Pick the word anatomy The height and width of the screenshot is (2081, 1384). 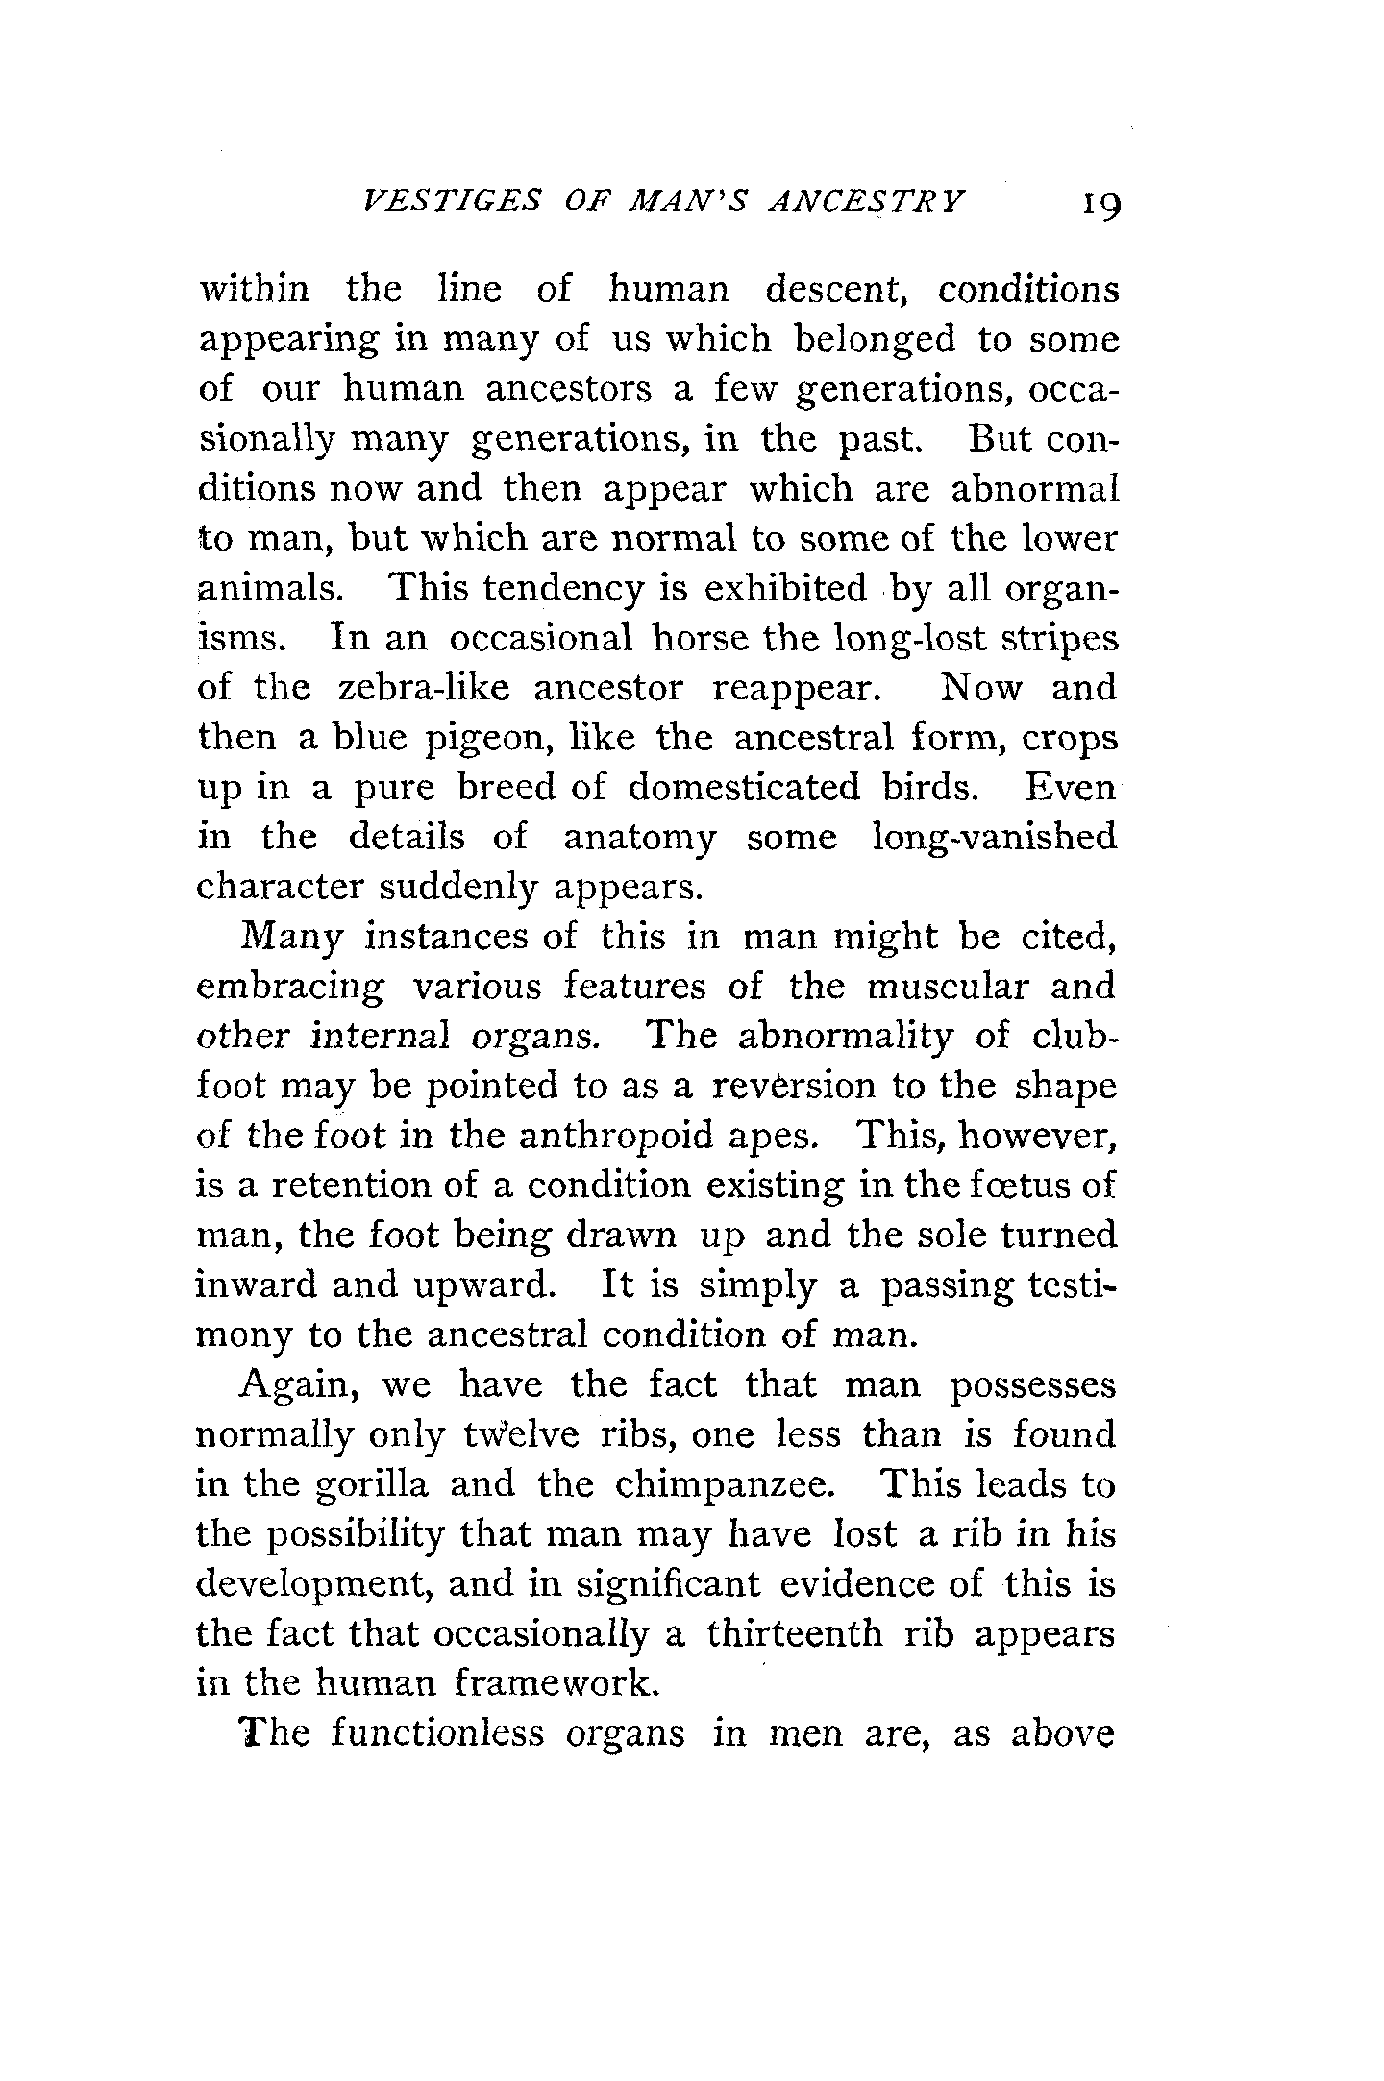[x=639, y=838]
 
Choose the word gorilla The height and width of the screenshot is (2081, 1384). [x=371, y=1486]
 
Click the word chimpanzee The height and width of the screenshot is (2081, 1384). [x=725, y=1486]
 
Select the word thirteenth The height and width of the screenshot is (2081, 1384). [x=794, y=1634]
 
